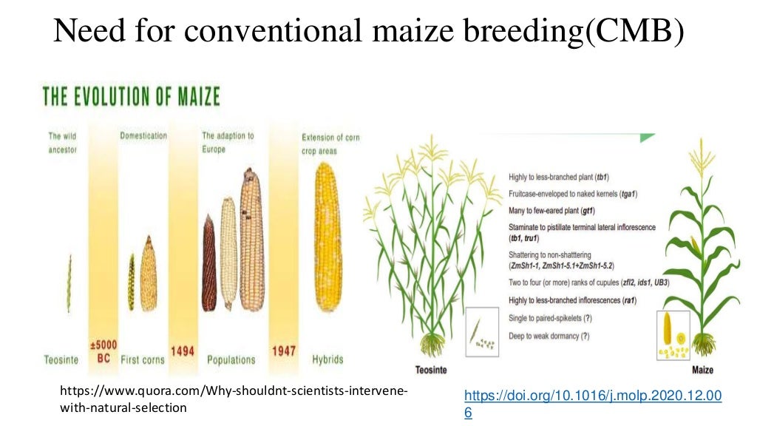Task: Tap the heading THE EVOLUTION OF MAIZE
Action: click(131, 97)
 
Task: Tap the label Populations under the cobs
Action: click(231, 360)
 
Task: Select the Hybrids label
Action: click(327, 359)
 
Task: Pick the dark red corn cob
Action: click(208, 263)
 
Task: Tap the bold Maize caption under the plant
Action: click(702, 369)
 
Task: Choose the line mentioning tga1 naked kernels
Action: click(573, 194)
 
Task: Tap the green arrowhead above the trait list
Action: click(647, 137)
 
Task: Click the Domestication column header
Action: click(143, 136)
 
